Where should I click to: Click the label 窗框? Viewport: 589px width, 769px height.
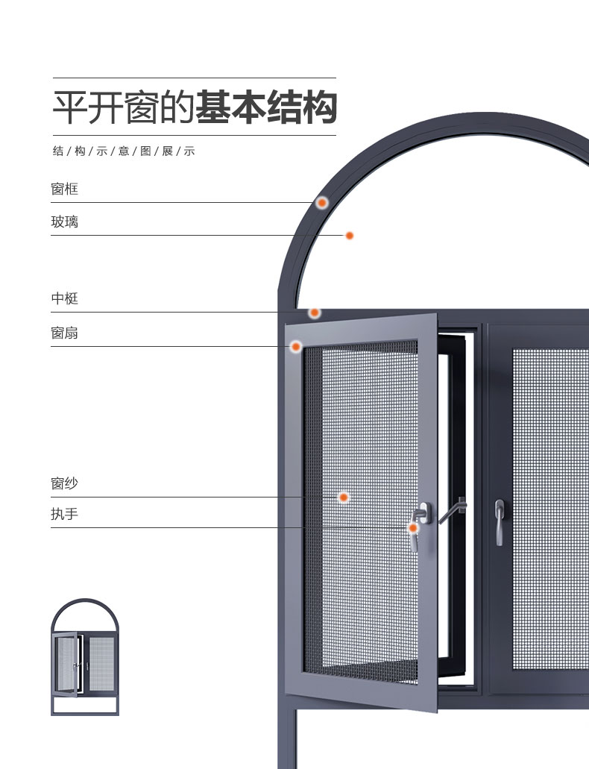(x=64, y=189)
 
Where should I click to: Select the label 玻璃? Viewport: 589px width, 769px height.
(x=64, y=222)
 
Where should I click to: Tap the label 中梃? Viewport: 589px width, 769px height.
(x=64, y=299)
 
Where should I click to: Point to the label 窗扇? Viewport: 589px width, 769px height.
(x=64, y=333)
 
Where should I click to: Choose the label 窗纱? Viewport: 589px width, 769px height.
(x=64, y=484)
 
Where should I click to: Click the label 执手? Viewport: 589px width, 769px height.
(x=64, y=515)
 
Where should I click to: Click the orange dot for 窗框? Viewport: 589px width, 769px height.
(x=322, y=202)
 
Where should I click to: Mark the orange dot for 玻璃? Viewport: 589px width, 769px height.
(x=349, y=236)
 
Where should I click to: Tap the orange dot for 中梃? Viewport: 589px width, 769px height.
(x=315, y=313)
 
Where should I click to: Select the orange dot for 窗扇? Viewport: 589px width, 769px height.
(x=296, y=346)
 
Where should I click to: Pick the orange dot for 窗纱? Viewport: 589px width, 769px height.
(x=344, y=497)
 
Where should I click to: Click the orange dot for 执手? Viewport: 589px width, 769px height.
(x=412, y=528)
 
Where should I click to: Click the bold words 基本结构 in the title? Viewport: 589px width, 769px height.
(x=265, y=107)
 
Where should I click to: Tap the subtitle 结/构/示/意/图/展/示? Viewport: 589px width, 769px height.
(x=124, y=151)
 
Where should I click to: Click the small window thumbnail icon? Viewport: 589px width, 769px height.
(x=85, y=657)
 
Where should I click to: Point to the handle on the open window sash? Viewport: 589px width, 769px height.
(x=419, y=526)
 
